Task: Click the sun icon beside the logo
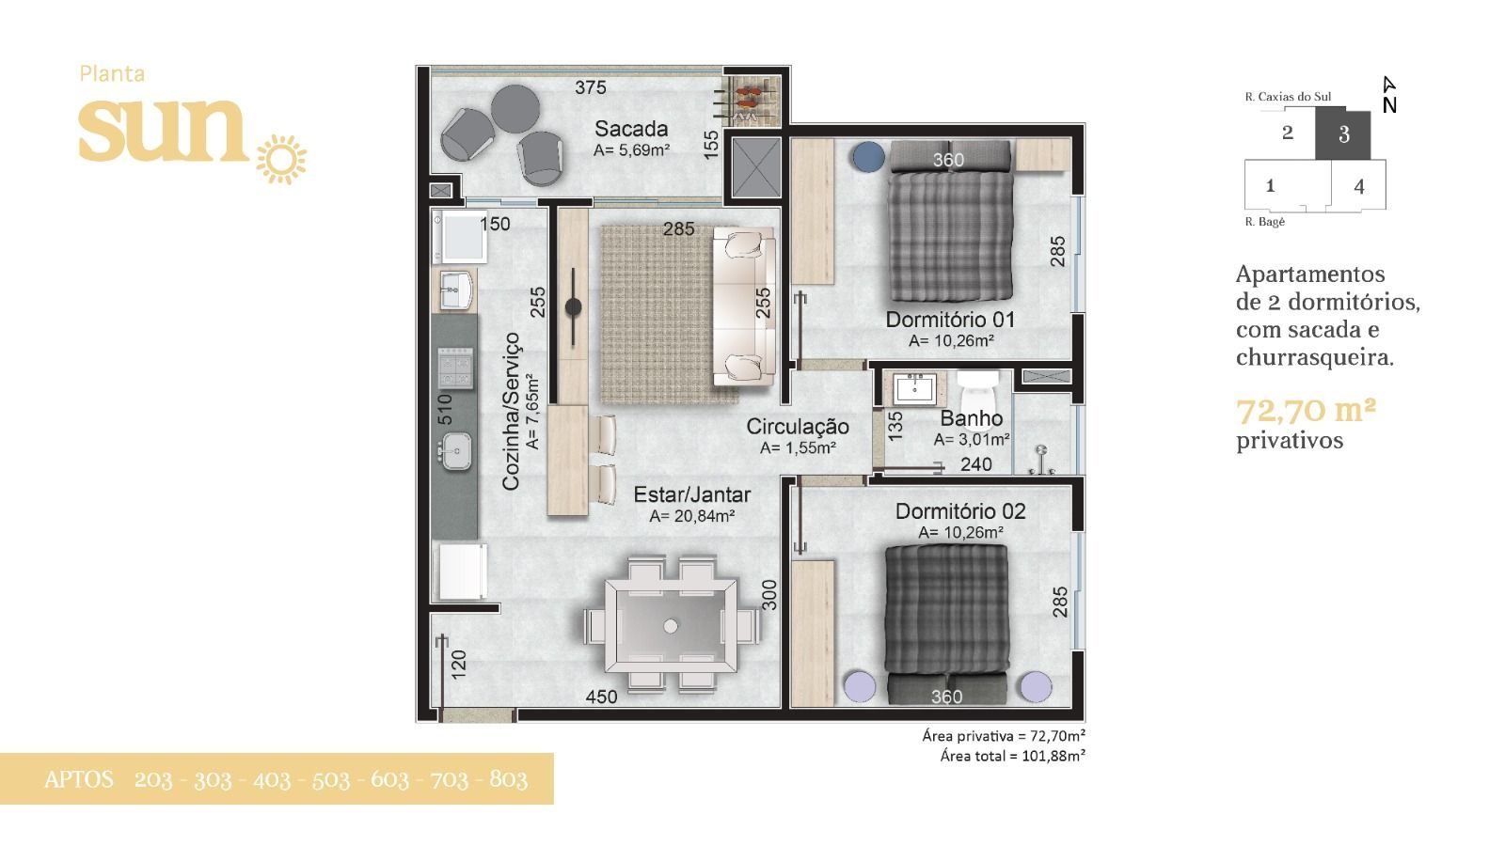(281, 159)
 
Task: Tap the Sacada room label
(631, 128)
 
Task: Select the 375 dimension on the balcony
(591, 87)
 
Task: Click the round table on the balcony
(515, 109)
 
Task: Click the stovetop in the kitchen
(455, 368)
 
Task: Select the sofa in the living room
(744, 305)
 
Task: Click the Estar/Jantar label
(692, 494)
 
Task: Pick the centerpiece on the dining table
(671, 626)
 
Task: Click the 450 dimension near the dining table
(601, 697)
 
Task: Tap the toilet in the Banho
(977, 389)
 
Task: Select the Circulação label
(798, 427)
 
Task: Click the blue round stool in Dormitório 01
(868, 158)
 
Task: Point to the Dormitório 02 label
(960, 511)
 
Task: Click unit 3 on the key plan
(1343, 134)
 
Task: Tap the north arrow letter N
(1389, 105)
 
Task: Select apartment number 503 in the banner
(330, 779)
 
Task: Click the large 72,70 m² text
(1307, 410)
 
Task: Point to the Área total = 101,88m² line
(1012, 756)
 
